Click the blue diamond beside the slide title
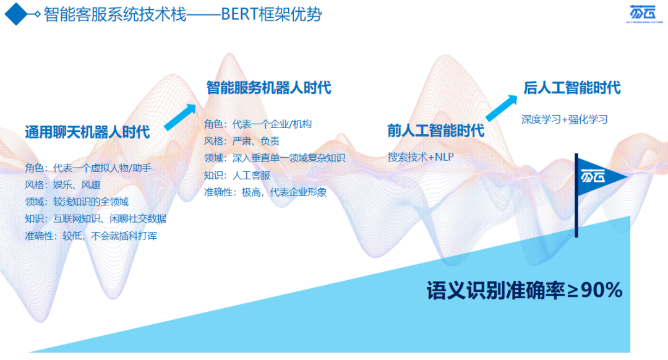pos(16,14)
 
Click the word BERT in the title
pos(241,14)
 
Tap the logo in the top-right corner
pos(644,13)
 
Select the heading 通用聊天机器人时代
pos(87,132)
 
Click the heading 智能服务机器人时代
pos(269,88)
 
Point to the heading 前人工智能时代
pos(435,131)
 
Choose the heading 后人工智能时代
pos(572,88)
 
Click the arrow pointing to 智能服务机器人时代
pos(180,117)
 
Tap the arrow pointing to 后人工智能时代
pos(502,108)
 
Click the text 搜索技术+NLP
pos(421,156)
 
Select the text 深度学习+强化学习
pos(565,119)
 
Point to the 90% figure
pos(602,291)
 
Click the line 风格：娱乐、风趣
pos(62,185)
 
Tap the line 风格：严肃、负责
pos(242,141)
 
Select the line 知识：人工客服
pos(237,175)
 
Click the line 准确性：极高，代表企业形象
pos(265,192)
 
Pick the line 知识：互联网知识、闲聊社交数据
pos(95,219)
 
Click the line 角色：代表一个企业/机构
pos(258,124)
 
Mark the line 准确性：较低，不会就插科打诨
pos(91,236)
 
